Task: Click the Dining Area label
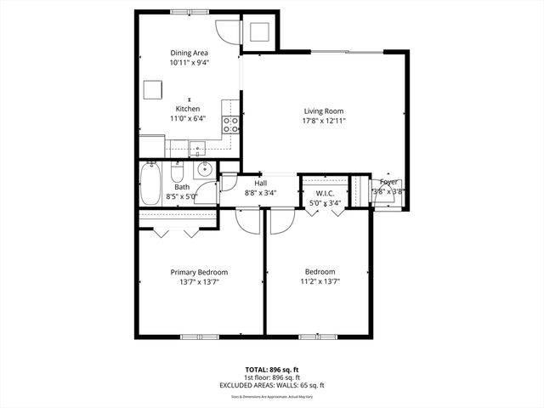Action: point(188,53)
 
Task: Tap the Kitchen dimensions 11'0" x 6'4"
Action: point(188,120)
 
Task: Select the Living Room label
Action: point(325,110)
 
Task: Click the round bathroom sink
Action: point(205,170)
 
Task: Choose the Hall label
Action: point(261,183)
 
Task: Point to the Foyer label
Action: point(388,182)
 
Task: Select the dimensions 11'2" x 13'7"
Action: point(320,282)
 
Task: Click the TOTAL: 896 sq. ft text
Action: point(272,371)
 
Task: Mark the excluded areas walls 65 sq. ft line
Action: point(272,385)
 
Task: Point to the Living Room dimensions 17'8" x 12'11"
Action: point(325,120)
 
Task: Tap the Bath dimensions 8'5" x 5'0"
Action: point(182,196)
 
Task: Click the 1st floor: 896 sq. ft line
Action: point(272,378)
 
